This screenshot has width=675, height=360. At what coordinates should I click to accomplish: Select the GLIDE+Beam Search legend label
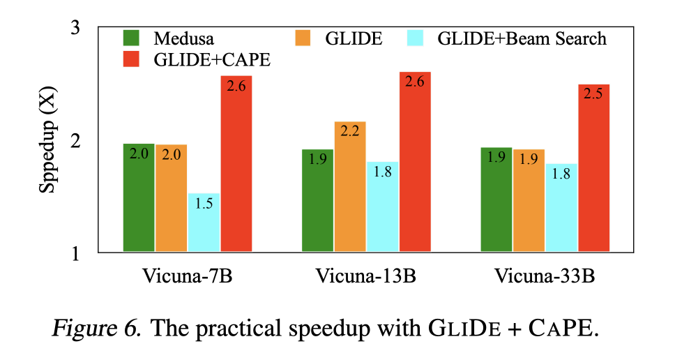tap(522, 38)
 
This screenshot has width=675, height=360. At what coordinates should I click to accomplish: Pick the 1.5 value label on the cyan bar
tap(204, 203)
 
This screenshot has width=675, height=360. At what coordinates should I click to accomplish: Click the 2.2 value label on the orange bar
tap(349, 131)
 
